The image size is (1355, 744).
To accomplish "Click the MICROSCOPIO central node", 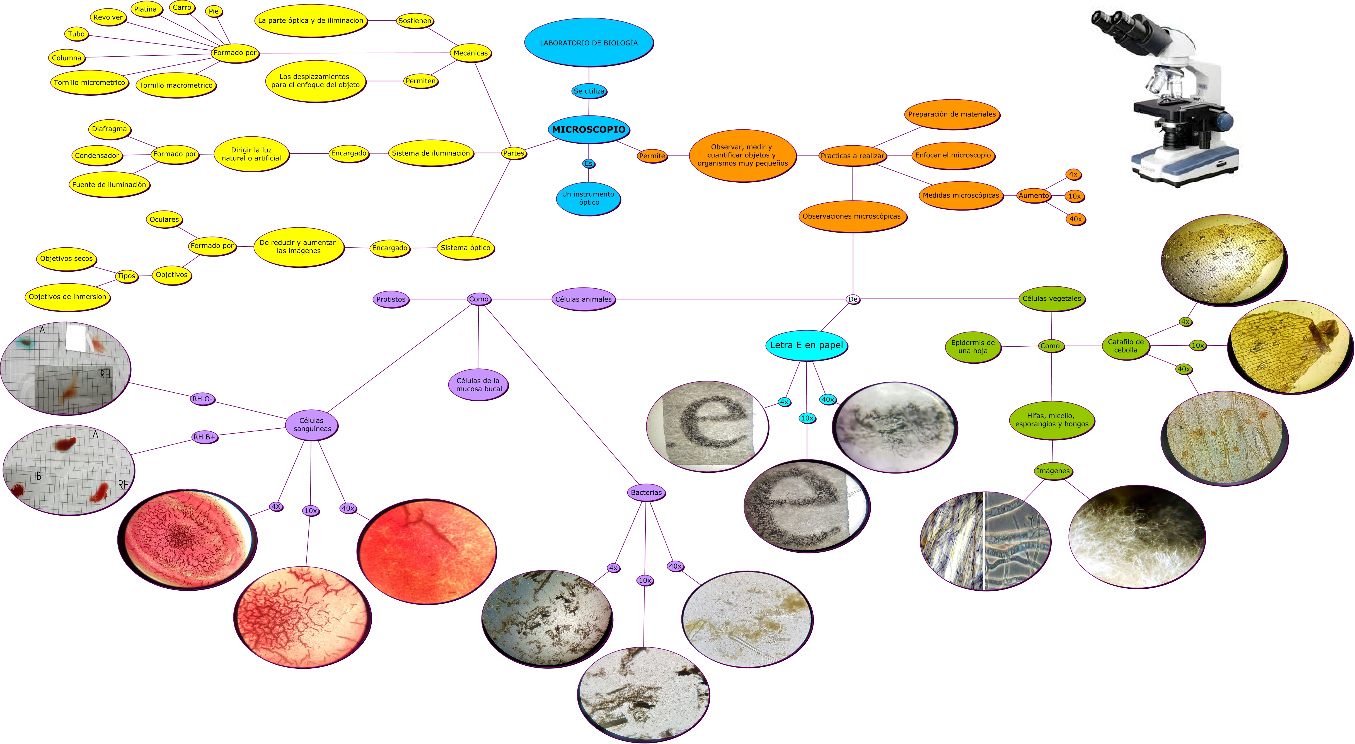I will pos(589,129).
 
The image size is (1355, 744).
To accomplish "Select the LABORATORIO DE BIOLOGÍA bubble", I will pos(589,43).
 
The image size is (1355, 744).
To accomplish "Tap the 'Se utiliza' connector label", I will pos(589,91).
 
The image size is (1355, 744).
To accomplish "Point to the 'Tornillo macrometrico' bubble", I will pos(176,85).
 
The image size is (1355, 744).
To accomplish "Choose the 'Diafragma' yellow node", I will pos(109,129).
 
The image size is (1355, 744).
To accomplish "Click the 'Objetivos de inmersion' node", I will pos(67,297).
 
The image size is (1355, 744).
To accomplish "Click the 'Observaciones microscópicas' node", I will pos(851,216).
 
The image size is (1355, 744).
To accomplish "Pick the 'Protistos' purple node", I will pos(391,299).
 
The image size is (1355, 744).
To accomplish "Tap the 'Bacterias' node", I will pos(646,492).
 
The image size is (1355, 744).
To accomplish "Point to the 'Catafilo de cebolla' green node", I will pos(1126,346).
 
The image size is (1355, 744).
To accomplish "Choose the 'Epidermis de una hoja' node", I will pos(972,347).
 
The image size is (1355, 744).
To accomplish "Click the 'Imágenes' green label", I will pos(1052,471).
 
